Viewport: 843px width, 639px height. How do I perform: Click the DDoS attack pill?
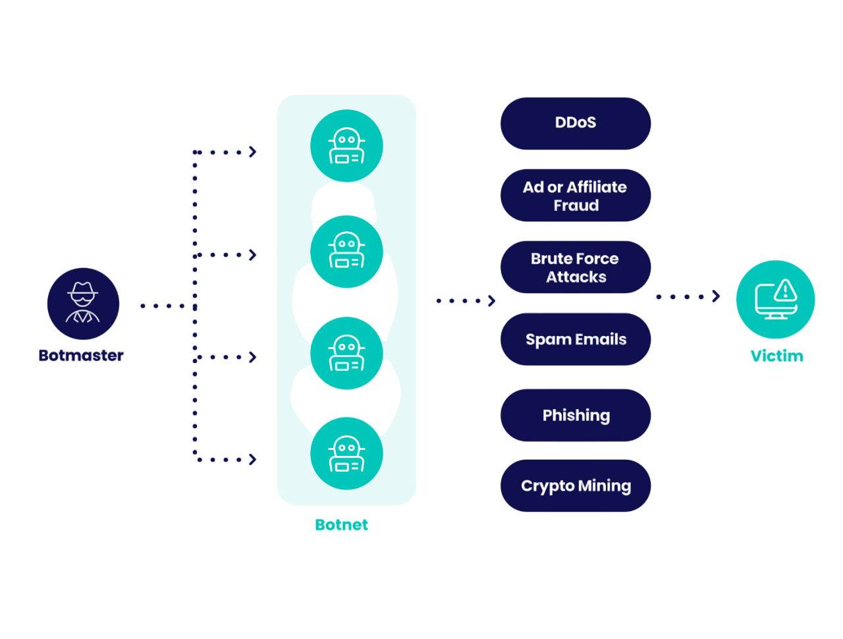(x=576, y=123)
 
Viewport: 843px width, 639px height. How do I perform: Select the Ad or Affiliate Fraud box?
(x=576, y=196)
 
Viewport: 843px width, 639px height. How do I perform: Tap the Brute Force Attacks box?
(x=576, y=267)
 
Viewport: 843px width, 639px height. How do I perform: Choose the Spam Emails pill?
(x=576, y=339)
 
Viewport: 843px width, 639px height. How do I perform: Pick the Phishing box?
(x=576, y=415)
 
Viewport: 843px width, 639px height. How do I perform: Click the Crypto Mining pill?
(x=576, y=486)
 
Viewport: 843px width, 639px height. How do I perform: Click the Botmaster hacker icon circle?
(x=83, y=304)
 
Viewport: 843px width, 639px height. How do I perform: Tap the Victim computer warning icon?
(x=775, y=299)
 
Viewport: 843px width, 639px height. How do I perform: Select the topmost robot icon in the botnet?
(x=346, y=146)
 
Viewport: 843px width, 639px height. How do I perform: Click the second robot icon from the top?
(x=346, y=252)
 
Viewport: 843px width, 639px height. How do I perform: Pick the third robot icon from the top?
(x=346, y=353)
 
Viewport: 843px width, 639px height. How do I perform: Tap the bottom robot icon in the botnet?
(x=346, y=453)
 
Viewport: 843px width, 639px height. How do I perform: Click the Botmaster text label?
(x=81, y=356)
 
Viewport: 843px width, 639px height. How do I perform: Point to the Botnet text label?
(x=341, y=525)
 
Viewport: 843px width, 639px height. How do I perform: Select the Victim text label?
(x=776, y=356)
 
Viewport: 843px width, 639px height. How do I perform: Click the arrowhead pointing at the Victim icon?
(x=716, y=296)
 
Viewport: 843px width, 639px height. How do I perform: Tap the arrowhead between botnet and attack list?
(x=491, y=301)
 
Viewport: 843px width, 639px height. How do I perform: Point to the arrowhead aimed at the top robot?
(x=252, y=152)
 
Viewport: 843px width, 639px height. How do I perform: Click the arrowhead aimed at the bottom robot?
(x=252, y=459)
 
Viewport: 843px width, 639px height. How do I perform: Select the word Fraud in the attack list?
(x=576, y=206)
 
